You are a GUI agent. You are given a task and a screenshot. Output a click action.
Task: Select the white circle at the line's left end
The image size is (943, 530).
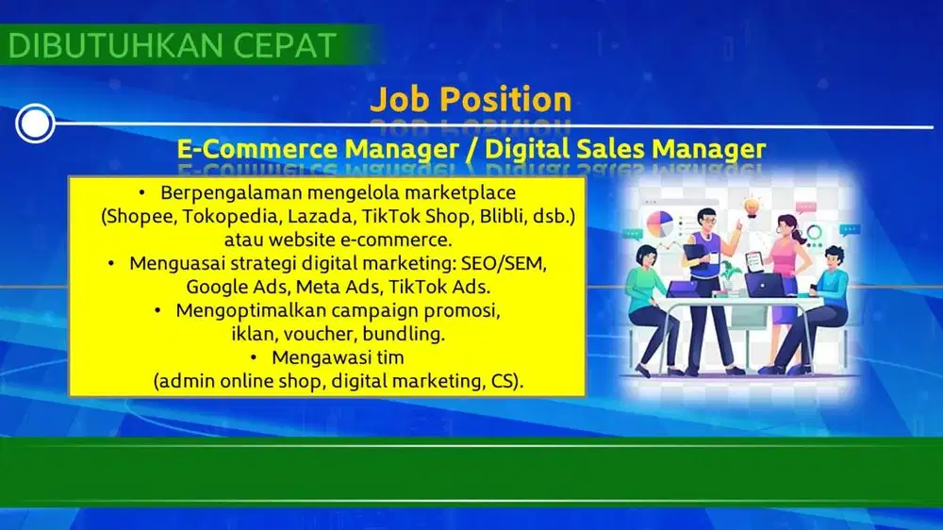tap(35, 124)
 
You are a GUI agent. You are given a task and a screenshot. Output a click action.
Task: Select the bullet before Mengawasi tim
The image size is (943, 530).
tap(253, 357)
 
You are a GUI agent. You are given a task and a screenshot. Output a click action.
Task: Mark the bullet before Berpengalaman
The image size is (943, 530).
tap(142, 192)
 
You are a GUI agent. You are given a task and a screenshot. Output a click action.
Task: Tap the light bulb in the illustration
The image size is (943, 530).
tap(752, 207)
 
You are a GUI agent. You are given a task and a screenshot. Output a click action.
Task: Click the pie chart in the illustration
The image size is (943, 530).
tap(660, 224)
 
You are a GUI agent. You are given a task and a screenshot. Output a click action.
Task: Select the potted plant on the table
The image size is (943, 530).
tap(730, 276)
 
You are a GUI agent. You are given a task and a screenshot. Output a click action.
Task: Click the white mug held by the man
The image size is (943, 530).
tap(715, 257)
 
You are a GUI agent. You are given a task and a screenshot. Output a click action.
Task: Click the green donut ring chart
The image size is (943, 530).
tap(815, 232)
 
